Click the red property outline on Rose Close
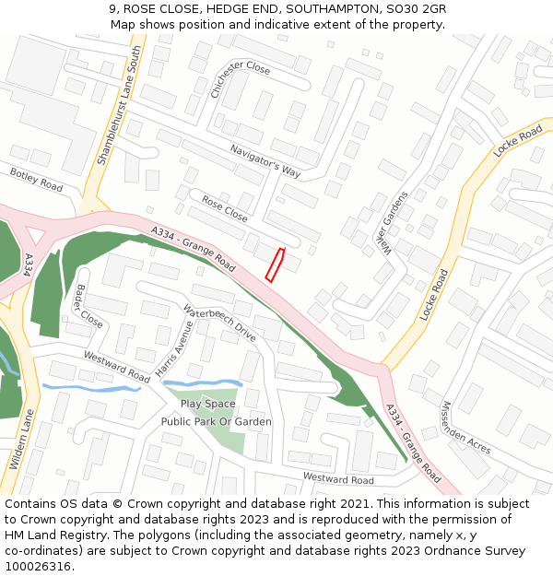tap(275, 264)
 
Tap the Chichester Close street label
tap(240, 81)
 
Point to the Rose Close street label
tap(225, 208)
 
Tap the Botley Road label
tap(36, 180)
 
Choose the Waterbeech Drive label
tap(219, 323)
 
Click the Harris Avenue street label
tap(175, 353)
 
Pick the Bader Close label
tap(89, 305)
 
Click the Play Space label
tap(207, 404)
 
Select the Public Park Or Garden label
tap(217, 422)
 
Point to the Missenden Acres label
tap(465, 427)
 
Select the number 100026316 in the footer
tap(38, 566)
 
